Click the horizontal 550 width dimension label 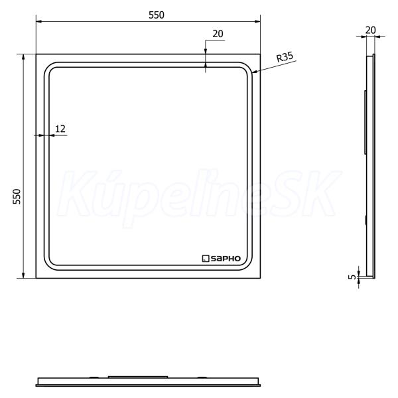(x=157, y=15)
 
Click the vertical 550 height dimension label (x=17, y=197)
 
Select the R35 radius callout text (x=285, y=57)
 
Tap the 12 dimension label (x=60, y=129)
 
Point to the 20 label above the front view (x=218, y=34)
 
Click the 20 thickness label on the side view (x=370, y=31)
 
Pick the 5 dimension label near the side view (x=352, y=277)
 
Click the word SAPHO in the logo (x=226, y=259)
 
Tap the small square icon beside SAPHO (x=206, y=259)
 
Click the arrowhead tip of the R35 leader (x=252, y=73)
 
